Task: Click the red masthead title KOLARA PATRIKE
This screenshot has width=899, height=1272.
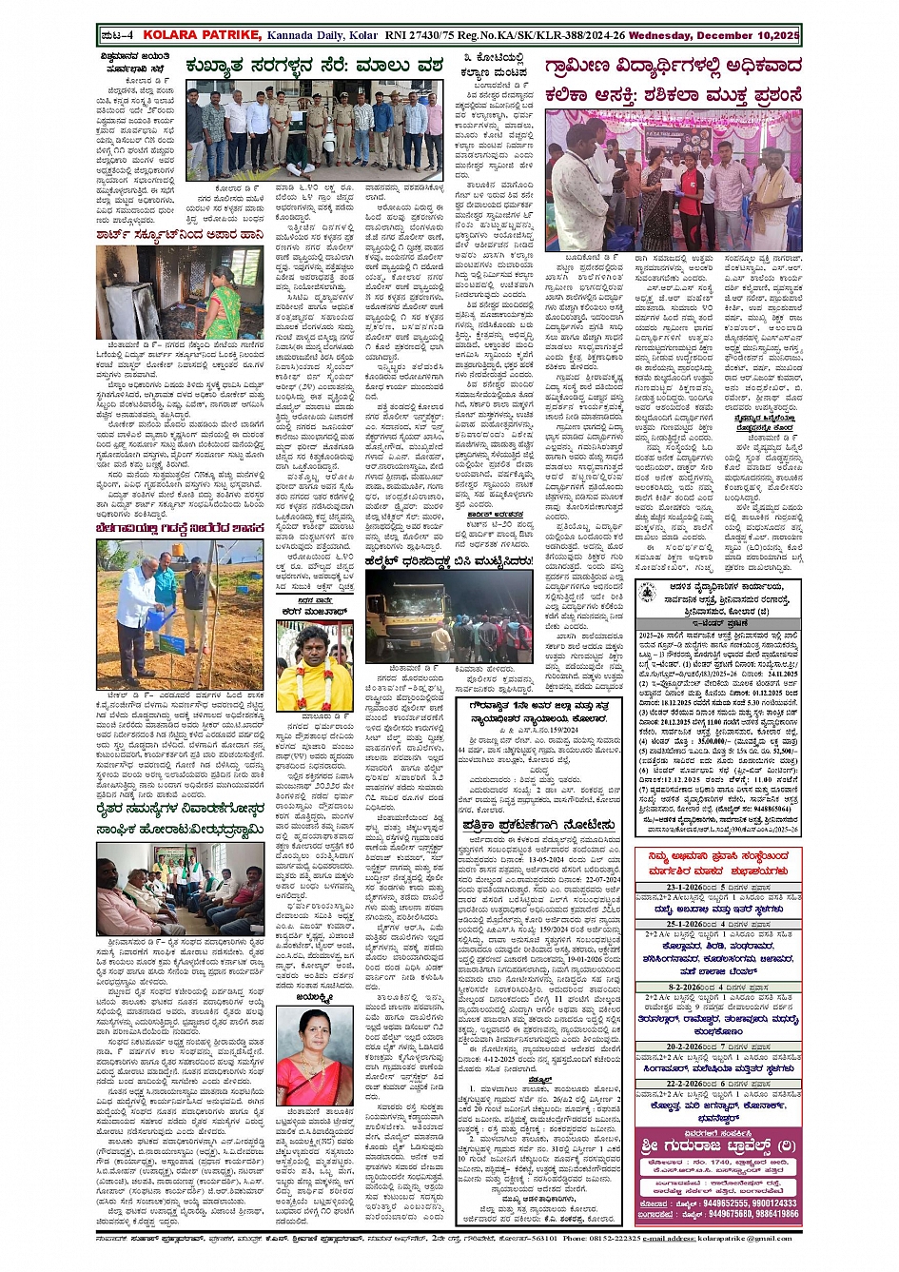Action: click(201, 35)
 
